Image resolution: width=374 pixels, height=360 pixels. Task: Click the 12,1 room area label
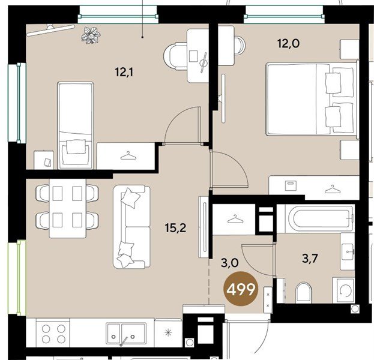click(124, 72)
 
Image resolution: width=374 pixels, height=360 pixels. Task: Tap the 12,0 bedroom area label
click(288, 44)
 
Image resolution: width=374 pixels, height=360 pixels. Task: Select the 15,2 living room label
click(175, 228)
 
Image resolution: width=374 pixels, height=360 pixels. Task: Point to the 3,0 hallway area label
click(229, 263)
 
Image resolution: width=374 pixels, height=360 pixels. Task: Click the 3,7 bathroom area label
click(310, 258)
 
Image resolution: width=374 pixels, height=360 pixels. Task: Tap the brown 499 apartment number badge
click(241, 289)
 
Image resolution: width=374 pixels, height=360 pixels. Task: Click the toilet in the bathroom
click(303, 293)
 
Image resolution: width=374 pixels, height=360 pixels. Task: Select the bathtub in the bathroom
click(321, 218)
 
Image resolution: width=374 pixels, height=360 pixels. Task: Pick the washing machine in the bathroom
click(343, 290)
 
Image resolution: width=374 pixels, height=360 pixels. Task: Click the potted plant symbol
click(91, 35)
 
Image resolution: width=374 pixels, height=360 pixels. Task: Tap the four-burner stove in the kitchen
click(53, 334)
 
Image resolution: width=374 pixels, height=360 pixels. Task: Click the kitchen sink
click(126, 333)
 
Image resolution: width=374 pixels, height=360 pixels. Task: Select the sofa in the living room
click(131, 227)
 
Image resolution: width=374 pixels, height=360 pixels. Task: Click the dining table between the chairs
click(67, 208)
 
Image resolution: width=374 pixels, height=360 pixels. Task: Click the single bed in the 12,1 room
click(76, 125)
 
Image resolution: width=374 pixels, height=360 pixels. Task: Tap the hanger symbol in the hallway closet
click(235, 219)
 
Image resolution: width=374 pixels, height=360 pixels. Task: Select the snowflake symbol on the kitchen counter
click(169, 332)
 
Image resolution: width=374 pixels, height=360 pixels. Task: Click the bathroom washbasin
click(347, 251)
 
